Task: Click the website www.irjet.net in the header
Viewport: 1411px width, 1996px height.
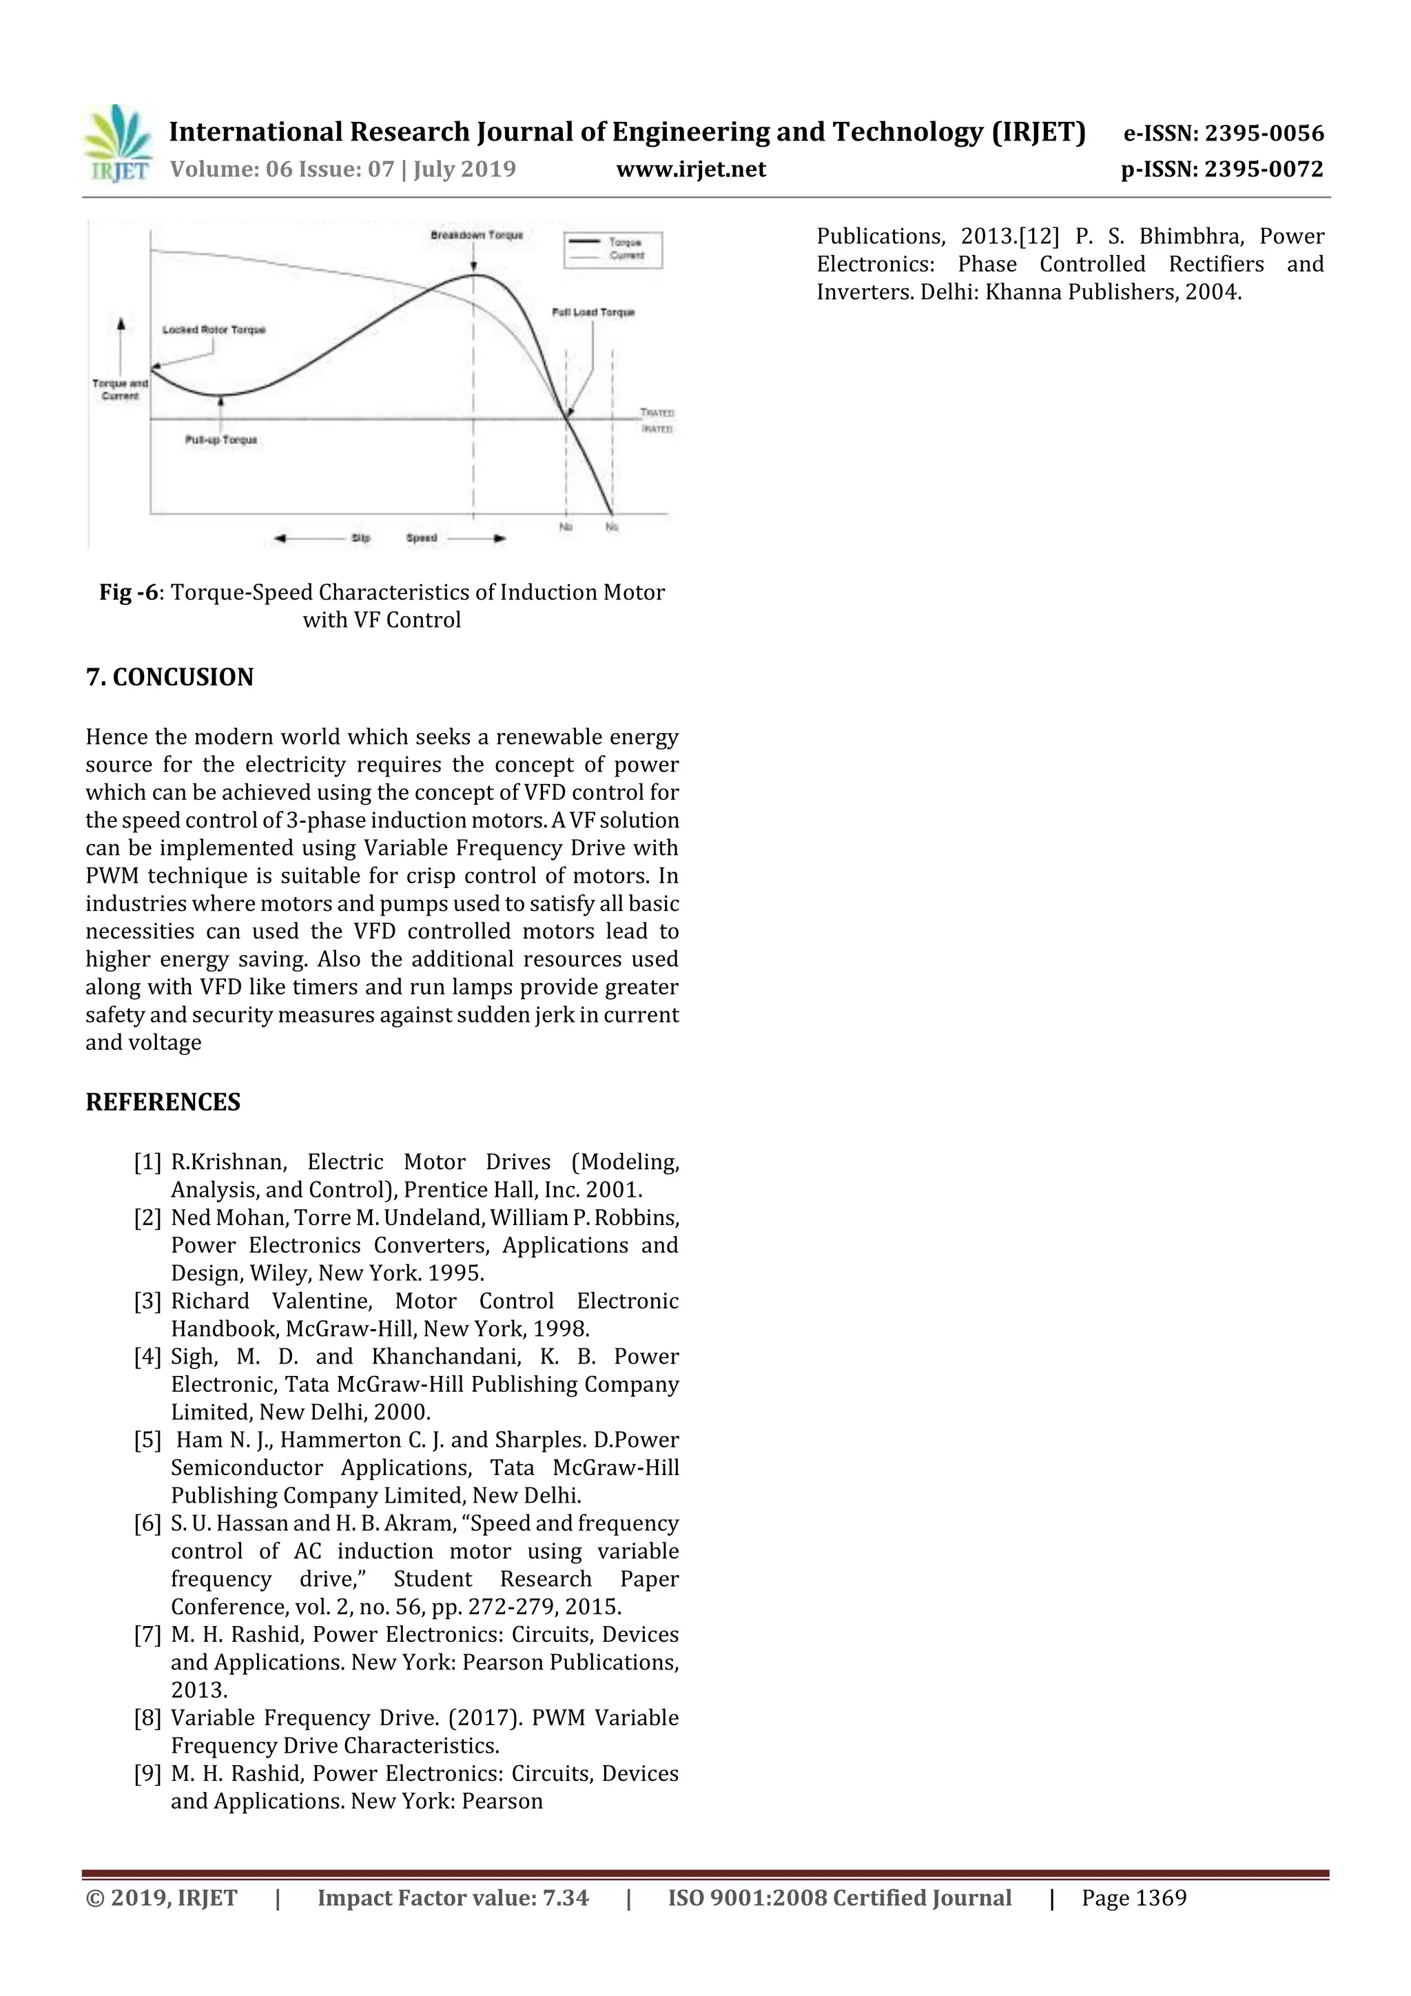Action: (690, 169)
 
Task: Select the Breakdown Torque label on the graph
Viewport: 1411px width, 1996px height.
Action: (476, 236)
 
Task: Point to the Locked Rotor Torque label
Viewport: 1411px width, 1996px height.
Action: (214, 330)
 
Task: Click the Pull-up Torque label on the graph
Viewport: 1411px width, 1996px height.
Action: (221, 440)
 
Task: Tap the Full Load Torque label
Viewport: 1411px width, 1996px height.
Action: (593, 312)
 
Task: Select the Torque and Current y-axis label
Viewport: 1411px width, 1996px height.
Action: (120, 389)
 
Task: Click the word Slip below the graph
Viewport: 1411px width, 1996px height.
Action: (361, 538)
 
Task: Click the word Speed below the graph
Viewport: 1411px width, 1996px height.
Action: (422, 538)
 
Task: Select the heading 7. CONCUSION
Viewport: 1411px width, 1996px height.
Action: (169, 677)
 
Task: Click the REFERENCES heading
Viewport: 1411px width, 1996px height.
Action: (163, 1102)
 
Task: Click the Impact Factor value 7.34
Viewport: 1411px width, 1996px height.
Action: (565, 1897)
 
